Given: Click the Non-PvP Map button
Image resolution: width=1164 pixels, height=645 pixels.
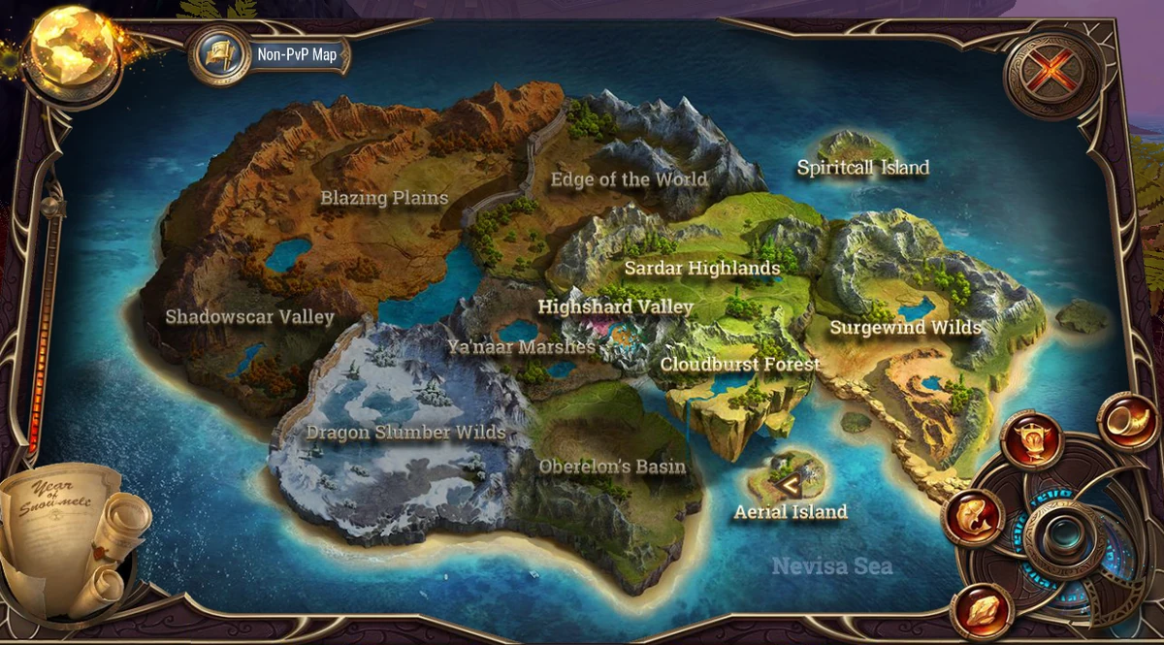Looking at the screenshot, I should point(272,54).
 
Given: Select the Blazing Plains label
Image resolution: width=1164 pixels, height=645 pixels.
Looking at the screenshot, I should point(384,199).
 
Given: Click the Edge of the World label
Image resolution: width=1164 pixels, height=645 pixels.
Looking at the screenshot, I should point(629,179).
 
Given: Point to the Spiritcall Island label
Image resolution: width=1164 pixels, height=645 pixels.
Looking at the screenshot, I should point(862,168).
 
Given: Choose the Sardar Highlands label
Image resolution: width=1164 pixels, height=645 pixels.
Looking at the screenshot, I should point(702,268).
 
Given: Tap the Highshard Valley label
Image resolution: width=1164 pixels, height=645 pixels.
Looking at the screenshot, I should point(615,307).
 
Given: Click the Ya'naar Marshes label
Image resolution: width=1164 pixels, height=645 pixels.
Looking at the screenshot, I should point(521,346).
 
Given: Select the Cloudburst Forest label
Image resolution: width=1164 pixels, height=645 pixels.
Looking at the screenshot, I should point(740,365).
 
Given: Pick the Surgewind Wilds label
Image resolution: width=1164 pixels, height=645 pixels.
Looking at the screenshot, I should point(906,328).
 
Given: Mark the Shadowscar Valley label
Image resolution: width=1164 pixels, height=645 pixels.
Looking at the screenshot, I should point(249,317).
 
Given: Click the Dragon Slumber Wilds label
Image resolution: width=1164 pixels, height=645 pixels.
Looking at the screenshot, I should point(405,433).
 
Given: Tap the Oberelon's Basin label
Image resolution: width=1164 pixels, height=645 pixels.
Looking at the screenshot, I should point(612,467).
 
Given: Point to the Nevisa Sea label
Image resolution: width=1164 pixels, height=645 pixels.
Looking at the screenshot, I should point(831,565).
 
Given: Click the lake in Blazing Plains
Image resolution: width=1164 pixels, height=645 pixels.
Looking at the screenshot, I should point(288,255).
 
